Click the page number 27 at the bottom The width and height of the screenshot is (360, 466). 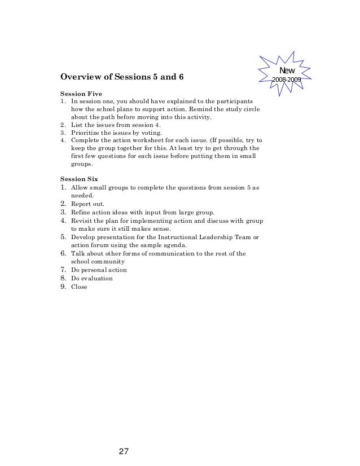[x=125, y=451]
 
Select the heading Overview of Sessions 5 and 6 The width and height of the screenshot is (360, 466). [x=122, y=77]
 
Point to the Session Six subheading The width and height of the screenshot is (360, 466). [x=79, y=178]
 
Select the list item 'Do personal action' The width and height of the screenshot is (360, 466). [x=99, y=270]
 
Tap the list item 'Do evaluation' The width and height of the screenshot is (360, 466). [x=92, y=278]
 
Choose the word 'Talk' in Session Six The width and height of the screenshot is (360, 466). [x=77, y=254]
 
